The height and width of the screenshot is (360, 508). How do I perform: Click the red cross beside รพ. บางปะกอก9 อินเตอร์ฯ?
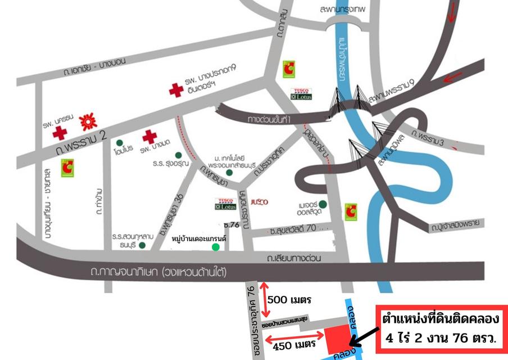tap(176, 90)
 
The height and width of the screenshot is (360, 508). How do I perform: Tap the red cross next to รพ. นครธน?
tap(60, 133)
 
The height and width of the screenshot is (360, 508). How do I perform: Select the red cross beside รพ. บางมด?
tap(149, 137)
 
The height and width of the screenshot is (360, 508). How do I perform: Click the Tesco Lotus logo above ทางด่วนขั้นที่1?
tap(301, 94)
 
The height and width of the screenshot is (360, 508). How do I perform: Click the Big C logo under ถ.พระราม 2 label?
tap(68, 166)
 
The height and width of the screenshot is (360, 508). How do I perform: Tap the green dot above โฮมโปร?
tap(119, 143)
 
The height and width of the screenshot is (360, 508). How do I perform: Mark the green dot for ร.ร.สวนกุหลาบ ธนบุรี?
tap(142, 245)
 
